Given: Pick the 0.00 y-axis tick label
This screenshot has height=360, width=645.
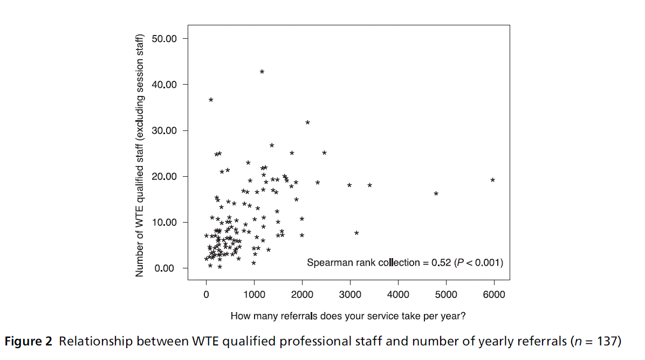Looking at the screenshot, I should [x=164, y=268].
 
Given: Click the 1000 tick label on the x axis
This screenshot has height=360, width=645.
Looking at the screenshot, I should [x=254, y=294].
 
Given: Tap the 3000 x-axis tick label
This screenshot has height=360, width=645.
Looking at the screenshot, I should [x=350, y=294].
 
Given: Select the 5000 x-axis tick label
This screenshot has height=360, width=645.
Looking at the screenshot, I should [x=446, y=294].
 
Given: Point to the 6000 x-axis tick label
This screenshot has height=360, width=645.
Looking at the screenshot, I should [x=494, y=294].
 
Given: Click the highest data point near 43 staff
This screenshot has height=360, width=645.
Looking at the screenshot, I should [x=262, y=72].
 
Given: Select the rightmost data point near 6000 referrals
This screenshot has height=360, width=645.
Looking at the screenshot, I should [x=492, y=180].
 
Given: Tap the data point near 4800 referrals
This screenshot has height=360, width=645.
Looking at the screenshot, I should [x=436, y=193].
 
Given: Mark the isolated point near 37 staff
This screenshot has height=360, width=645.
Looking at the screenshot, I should [x=211, y=100].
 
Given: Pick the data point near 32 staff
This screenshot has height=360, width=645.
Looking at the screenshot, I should [x=307, y=123].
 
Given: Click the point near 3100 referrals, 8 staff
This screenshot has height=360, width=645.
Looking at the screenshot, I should [x=356, y=233].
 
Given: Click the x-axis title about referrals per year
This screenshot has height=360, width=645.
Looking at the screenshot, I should [x=348, y=316].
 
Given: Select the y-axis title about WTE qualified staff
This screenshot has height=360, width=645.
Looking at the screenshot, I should [x=140, y=156].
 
